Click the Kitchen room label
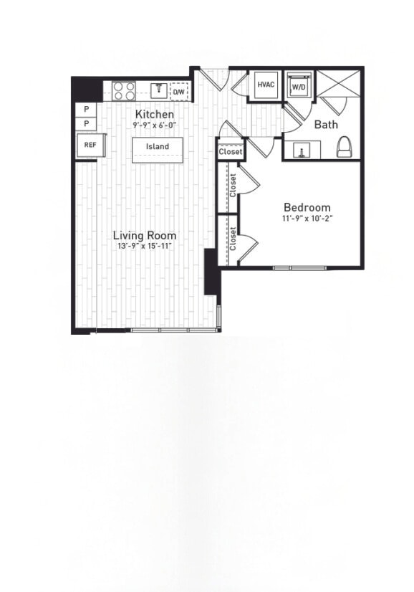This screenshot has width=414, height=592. pyautogui.click(x=155, y=115)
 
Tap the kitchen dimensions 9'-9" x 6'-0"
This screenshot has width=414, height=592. pyautogui.click(x=154, y=125)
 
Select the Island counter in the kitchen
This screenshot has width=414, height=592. pyautogui.click(x=158, y=147)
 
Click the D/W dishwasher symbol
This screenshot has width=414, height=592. pyautogui.click(x=179, y=92)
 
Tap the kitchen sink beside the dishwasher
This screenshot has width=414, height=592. pyautogui.click(x=159, y=90)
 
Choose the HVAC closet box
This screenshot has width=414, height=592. pyautogui.click(x=266, y=85)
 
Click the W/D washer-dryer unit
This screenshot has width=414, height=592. pyautogui.click(x=297, y=86)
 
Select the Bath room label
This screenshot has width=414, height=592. pyautogui.click(x=327, y=124)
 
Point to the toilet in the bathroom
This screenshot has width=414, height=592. pyautogui.click(x=345, y=146)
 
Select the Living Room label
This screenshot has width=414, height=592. pyautogui.click(x=145, y=235)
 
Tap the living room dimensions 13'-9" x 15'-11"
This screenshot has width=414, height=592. pyautogui.click(x=145, y=246)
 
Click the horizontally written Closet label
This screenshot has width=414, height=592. pyautogui.click(x=231, y=152)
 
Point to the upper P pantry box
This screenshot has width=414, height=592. pyautogui.click(x=87, y=109)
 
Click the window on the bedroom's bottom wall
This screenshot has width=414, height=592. pyautogui.click(x=301, y=268)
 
